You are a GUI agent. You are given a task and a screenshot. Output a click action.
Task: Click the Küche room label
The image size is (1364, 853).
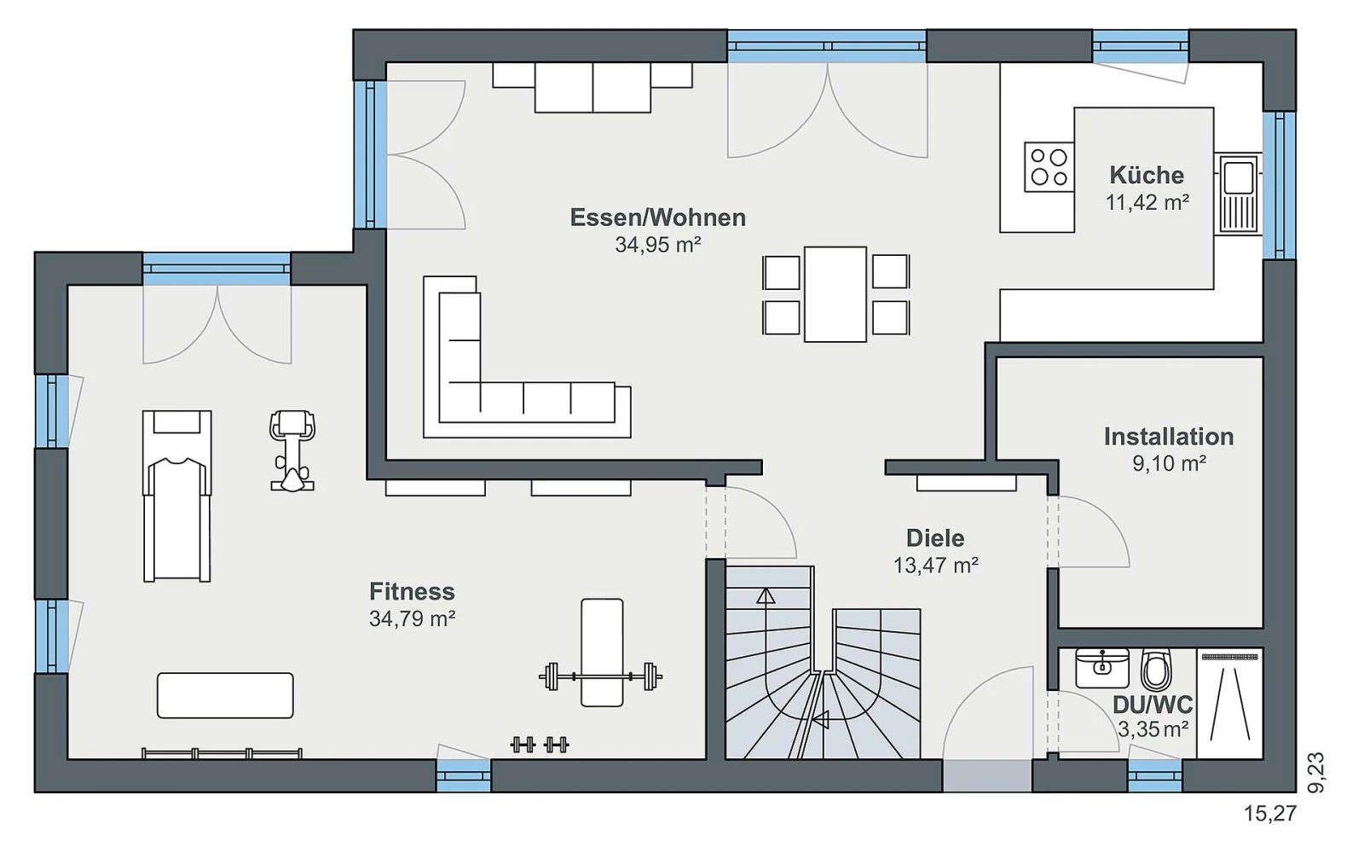click(x=1147, y=176)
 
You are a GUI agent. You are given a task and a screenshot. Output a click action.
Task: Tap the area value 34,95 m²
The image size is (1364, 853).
click(x=657, y=245)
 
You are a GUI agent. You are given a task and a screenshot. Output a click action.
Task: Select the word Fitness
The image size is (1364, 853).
click(x=413, y=592)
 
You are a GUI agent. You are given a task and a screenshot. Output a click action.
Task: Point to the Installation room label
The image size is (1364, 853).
click(x=1169, y=437)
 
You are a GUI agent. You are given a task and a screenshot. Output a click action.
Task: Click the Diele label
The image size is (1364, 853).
click(x=935, y=538)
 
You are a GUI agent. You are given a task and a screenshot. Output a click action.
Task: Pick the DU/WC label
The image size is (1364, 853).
click(x=1153, y=705)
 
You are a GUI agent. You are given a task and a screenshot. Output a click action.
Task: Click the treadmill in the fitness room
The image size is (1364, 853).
click(x=177, y=496)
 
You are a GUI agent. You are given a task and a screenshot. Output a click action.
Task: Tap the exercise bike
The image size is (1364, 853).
click(x=292, y=451)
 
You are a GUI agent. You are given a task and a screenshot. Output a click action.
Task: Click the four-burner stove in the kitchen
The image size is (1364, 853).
click(x=1049, y=167)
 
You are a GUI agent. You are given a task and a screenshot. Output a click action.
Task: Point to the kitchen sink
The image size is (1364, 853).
click(x=1238, y=194)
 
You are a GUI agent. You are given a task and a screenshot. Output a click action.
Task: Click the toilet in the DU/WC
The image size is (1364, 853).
click(x=1156, y=669)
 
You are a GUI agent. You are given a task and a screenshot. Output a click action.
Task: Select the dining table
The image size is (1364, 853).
click(x=835, y=294)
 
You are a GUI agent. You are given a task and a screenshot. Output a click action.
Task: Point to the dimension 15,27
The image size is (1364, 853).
click(x=1269, y=814)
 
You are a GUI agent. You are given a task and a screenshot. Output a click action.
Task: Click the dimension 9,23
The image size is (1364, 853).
click(x=1316, y=773)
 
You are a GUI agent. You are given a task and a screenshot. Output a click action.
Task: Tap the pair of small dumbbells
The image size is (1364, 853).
click(x=540, y=745)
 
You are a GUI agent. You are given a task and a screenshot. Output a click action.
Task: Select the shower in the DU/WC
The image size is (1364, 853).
click(x=1229, y=703)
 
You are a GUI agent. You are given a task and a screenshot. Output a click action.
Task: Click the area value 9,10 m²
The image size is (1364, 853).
click(x=1169, y=464)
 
